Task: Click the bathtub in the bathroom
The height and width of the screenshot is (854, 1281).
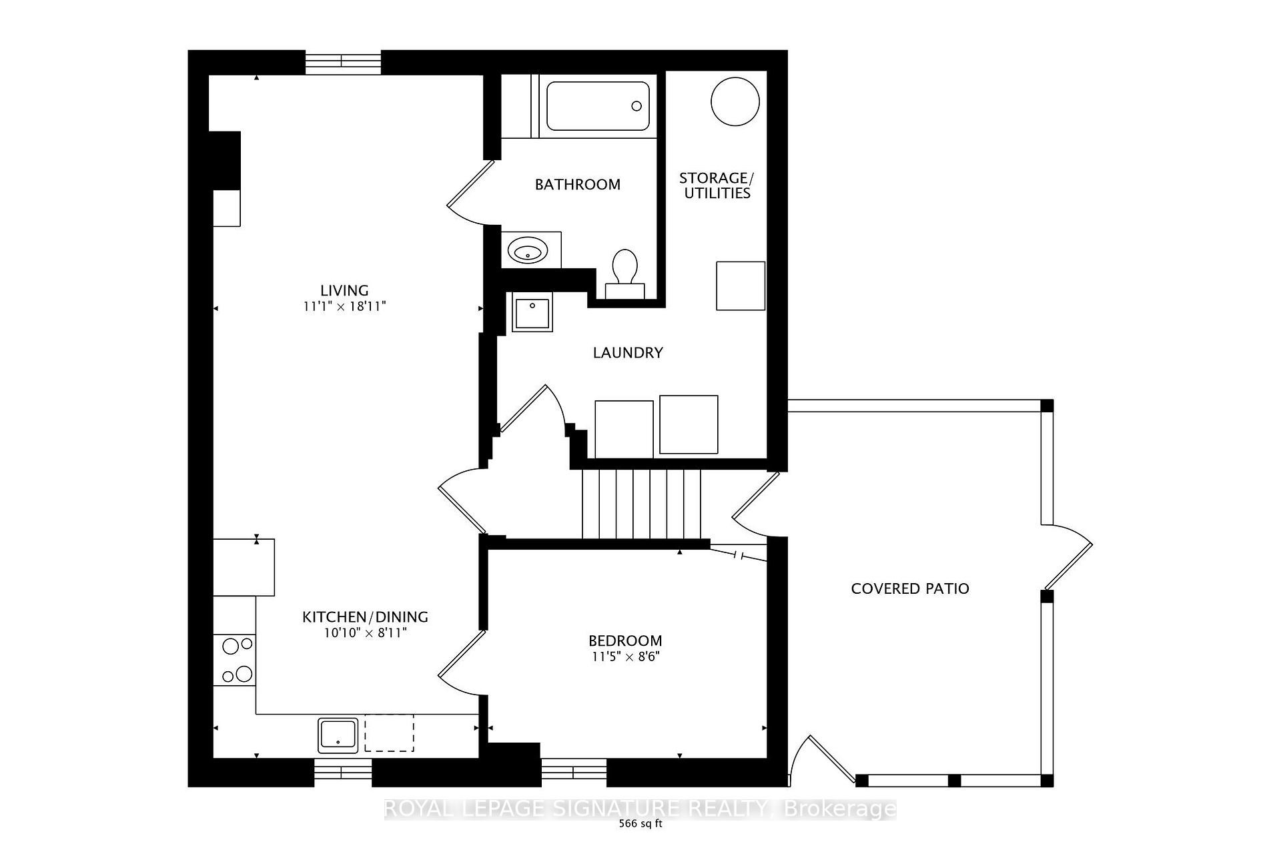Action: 597,106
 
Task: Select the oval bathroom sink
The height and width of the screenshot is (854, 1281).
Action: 528,252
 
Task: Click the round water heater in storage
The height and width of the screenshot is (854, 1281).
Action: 735,101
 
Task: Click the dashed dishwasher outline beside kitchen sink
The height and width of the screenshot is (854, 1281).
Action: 389,733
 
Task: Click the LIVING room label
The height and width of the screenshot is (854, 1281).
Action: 344,290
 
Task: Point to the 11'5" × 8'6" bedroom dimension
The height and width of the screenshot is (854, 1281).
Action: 624,657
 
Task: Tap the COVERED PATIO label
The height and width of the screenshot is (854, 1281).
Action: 909,588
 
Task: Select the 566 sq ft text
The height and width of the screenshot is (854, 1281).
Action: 640,823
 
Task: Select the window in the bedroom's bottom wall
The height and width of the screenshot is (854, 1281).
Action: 573,772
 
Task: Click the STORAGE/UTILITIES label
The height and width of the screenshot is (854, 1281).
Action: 716,185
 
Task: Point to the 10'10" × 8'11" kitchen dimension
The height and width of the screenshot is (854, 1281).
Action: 365,632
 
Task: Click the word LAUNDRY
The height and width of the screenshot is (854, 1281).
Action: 627,352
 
